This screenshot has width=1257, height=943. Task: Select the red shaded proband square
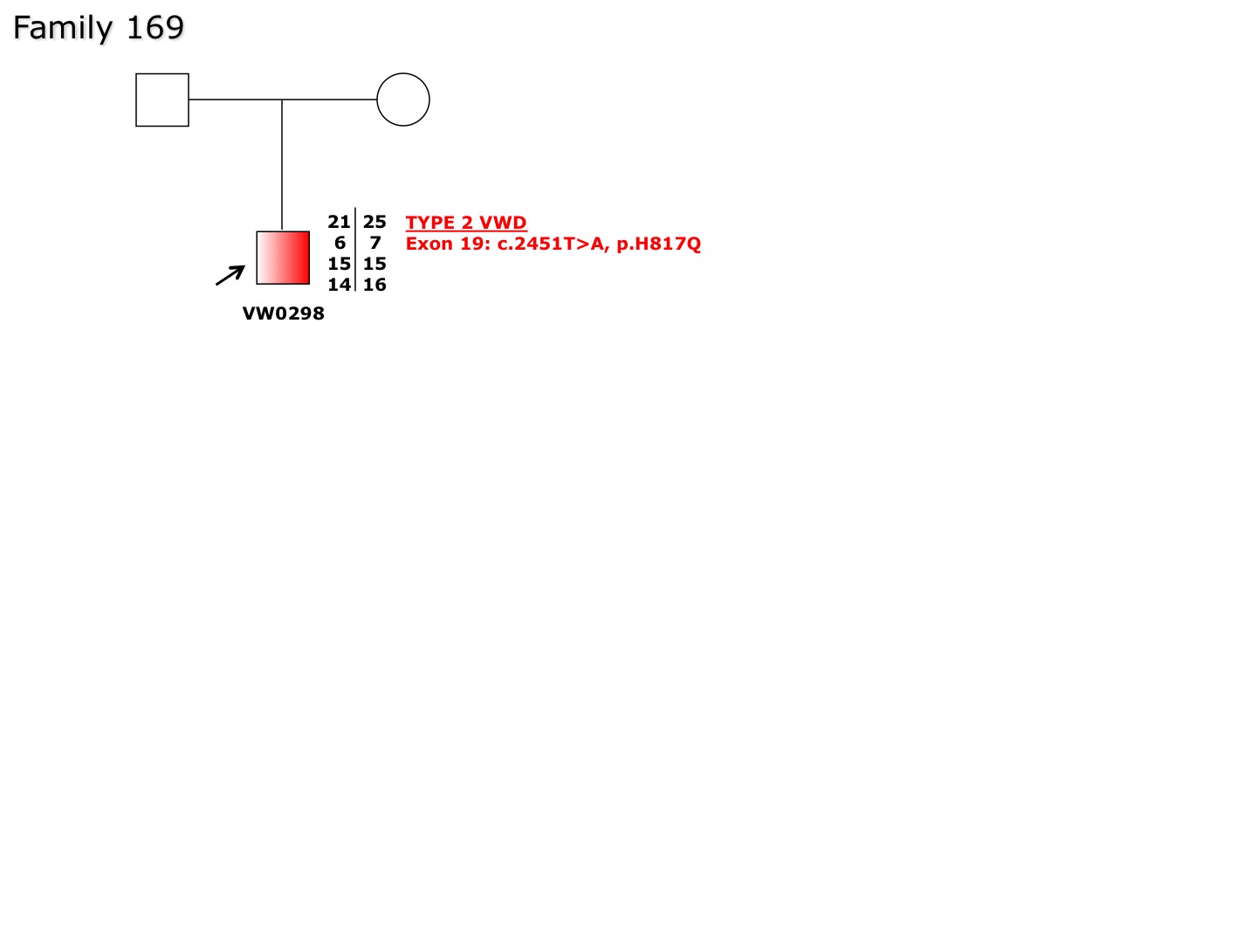click(283, 258)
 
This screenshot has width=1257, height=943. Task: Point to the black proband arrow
click(230, 275)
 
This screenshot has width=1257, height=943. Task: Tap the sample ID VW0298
click(284, 313)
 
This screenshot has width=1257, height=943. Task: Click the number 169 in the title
click(155, 27)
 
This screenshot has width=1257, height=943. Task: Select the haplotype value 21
click(339, 222)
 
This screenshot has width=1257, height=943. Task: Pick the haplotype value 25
click(374, 222)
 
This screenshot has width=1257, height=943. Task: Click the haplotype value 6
click(340, 243)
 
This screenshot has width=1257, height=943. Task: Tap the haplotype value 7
click(375, 243)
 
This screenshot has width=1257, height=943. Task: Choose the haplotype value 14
click(339, 285)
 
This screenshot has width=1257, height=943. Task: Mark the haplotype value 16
click(374, 285)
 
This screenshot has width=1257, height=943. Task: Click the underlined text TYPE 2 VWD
click(466, 223)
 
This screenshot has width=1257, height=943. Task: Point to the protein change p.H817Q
click(658, 244)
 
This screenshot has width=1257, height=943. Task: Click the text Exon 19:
click(448, 244)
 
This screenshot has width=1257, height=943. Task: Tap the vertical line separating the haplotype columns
click(355, 250)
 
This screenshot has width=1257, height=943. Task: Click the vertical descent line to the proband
click(282, 165)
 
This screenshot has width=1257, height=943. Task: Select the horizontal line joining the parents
click(283, 100)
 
